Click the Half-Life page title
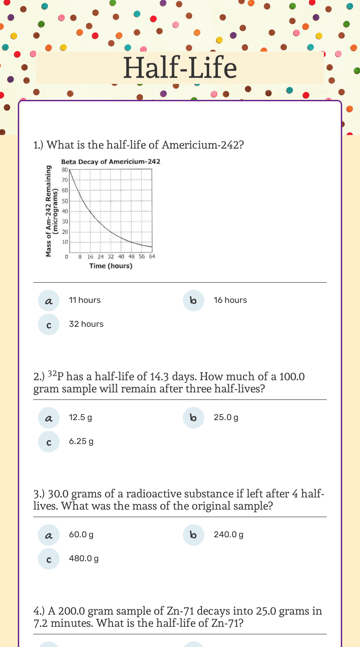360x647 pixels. [x=180, y=68]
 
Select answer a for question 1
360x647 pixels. [x=49, y=301]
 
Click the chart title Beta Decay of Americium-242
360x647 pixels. [x=111, y=162]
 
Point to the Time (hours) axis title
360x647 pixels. [x=111, y=266]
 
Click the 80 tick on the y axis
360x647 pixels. [x=65, y=169]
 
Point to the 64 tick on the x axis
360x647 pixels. [x=152, y=256]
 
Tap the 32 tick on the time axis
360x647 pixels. [x=111, y=256]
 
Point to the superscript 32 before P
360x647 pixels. [x=52, y=374]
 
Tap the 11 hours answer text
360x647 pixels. [x=84, y=300]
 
